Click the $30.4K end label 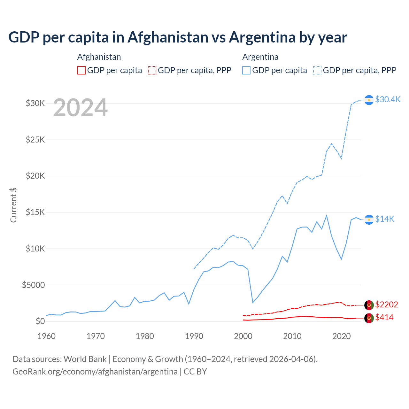pyautogui.click(x=388, y=99)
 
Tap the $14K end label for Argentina pyautogui.click(x=384, y=219)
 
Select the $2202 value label pyautogui.click(x=386, y=305)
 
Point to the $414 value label pyautogui.click(x=384, y=317)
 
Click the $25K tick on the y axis pyautogui.click(x=35, y=140)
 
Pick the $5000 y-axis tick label pyautogui.click(x=33, y=285)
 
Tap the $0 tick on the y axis pyautogui.click(x=40, y=321)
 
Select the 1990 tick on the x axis pyautogui.click(x=194, y=336)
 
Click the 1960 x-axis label pyautogui.click(x=47, y=336)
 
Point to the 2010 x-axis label pyautogui.click(x=292, y=336)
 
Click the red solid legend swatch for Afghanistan pyautogui.click(x=81, y=70)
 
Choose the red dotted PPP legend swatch pyautogui.click(x=152, y=70)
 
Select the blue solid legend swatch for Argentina pyautogui.click(x=246, y=70)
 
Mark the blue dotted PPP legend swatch pyautogui.click(x=317, y=70)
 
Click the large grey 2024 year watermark pyautogui.click(x=80, y=108)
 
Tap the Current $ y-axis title pyautogui.click(x=13, y=205)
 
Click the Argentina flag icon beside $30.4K pyautogui.click(x=369, y=100)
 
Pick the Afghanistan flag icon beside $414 pyautogui.click(x=369, y=318)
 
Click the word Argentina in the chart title pyautogui.click(x=262, y=37)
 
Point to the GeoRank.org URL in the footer pyautogui.click(x=95, y=372)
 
